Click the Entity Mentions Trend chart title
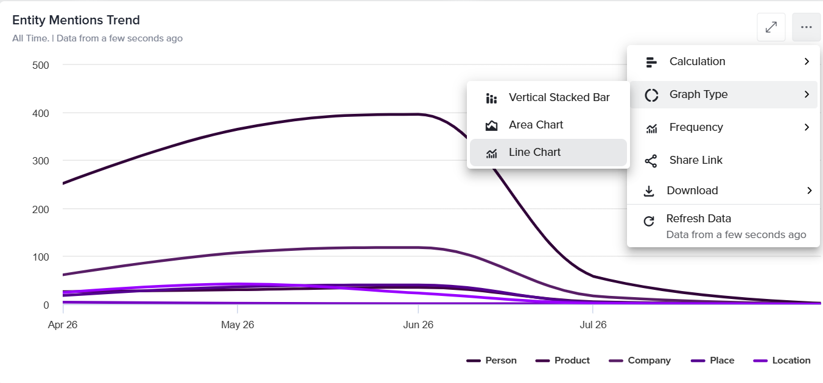coord(76,20)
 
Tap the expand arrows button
coord(771,27)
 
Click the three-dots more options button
coord(806,27)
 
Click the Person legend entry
coord(491,360)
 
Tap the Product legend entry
coord(562,360)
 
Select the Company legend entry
coord(640,360)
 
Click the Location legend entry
coord(782,360)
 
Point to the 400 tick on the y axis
coord(40,114)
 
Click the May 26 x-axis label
coord(237,325)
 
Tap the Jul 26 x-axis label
coord(593,325)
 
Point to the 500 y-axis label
coord(40,65)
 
